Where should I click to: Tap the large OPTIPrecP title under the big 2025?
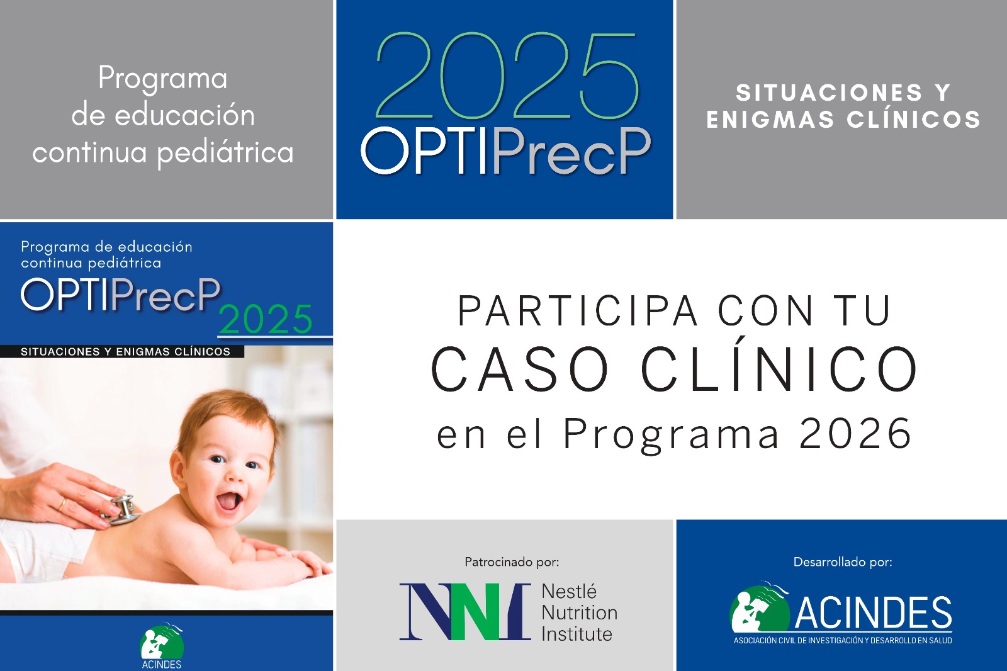click(505, 151)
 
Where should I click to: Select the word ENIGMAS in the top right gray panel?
click(770, 120)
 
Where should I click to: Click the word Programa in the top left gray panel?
click(163, 79)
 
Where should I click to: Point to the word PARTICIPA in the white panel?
click(578, 311)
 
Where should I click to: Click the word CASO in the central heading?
click(520, 369)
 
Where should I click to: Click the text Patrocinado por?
click(511, 561)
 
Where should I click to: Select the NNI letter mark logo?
click(464, 611)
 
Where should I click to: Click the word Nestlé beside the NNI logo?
click(569, 592)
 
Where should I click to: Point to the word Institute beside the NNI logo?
click(577, 634)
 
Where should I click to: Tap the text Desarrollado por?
click(842, 561)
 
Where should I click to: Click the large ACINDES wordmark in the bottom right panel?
click(873, 613)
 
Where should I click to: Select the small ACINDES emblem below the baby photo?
click(162, 643)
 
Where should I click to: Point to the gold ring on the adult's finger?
click(62, 504)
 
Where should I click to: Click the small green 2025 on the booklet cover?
click(266, 320)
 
